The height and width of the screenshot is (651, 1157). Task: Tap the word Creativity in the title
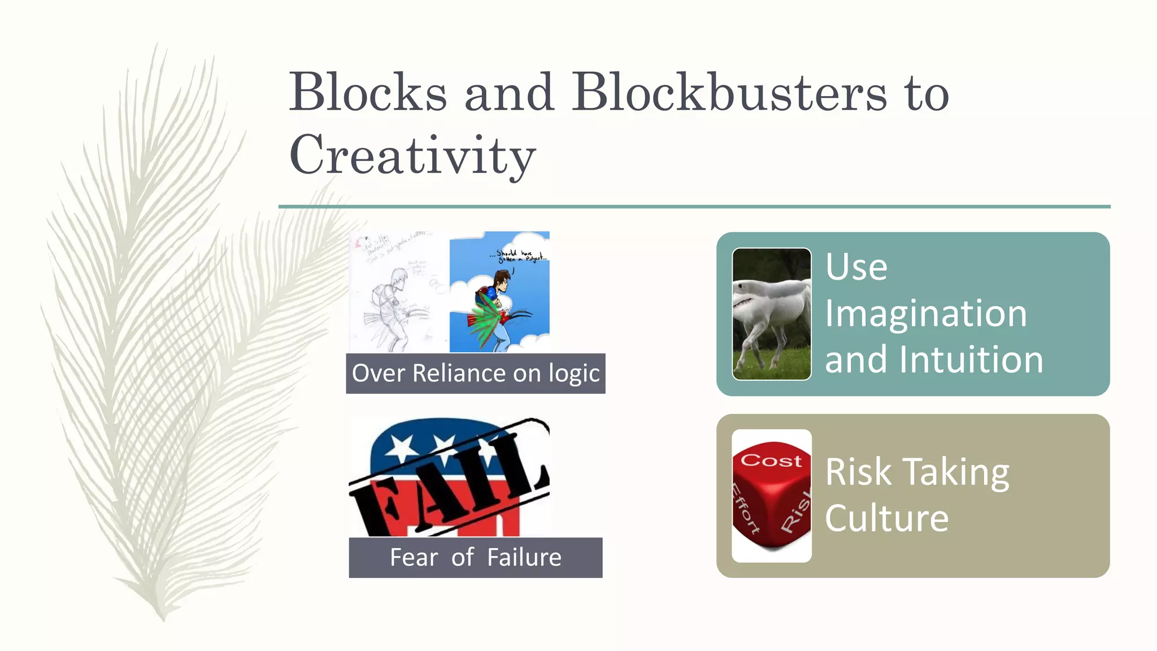pos(412,155)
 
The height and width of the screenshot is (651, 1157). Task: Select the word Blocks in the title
pos(368,93)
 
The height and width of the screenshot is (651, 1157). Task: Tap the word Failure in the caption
pos(524,558)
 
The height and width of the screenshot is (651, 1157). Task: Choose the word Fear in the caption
pos(414,558)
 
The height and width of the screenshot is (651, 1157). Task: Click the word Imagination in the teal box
pos(925,314)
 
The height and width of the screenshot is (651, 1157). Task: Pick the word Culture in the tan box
pos(886,518)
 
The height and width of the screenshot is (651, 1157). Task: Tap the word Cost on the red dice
pos(771,461)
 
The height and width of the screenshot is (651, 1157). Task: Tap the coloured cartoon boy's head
pos(501,280)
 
